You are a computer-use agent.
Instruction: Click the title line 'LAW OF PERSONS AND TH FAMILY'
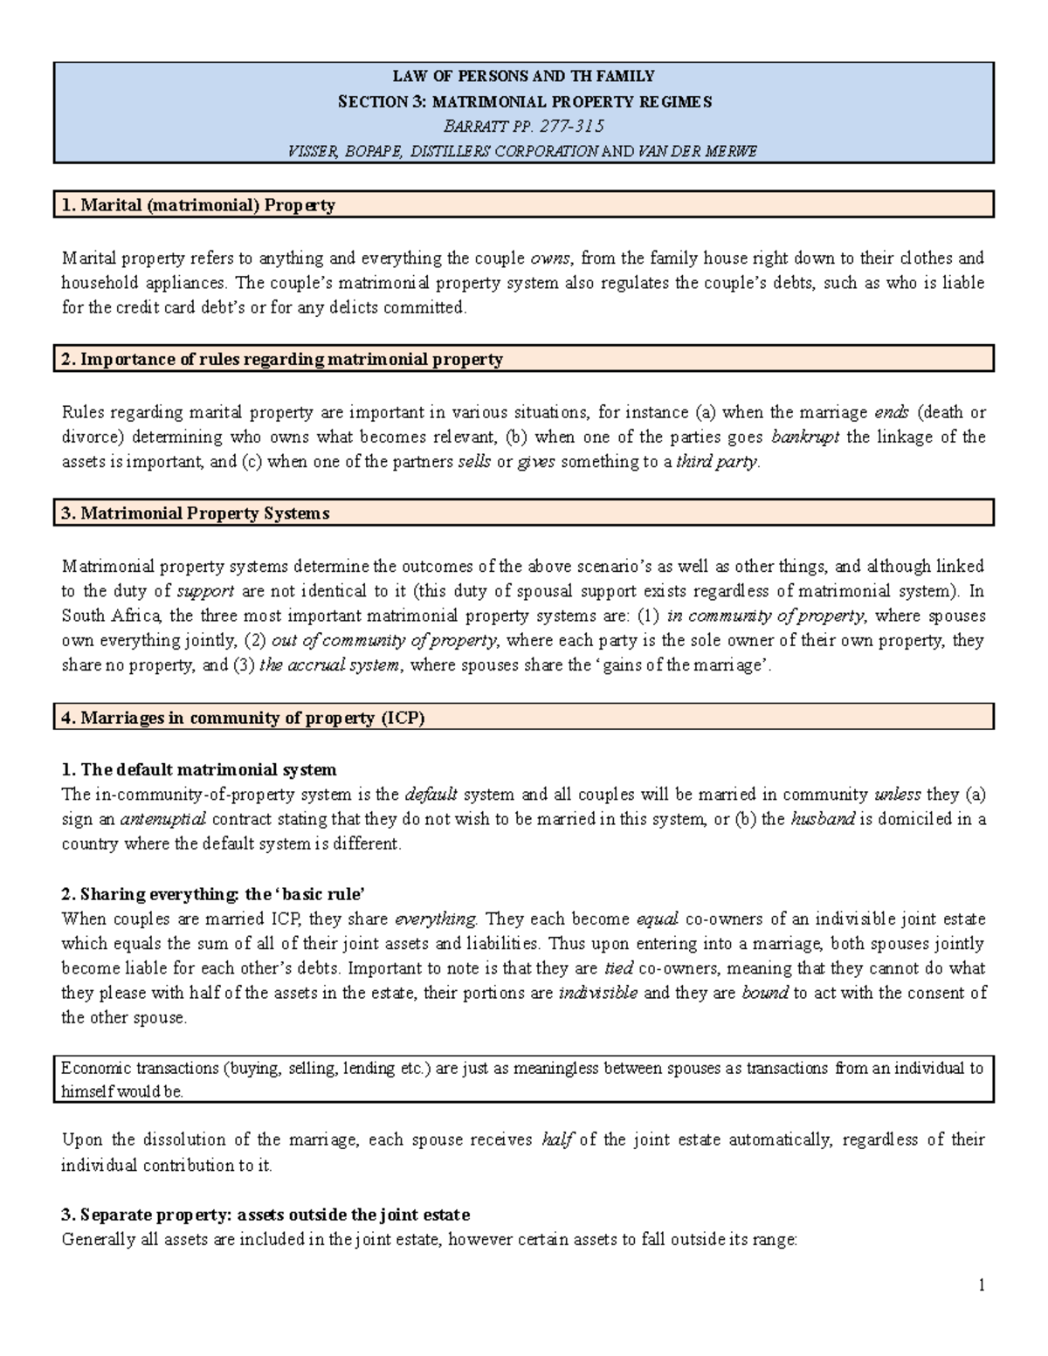[523, 76]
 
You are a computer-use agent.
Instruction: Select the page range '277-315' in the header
[572, 126]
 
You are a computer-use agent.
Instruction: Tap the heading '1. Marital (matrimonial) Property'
[198, 205]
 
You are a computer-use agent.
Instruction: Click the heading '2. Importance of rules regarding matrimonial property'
[282, 359]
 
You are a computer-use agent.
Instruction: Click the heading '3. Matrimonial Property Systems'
[195, 513]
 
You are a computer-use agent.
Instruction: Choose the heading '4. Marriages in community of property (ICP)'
[243, 718]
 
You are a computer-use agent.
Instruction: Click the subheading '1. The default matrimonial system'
[198, 770]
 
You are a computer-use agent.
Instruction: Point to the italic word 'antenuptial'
[162, 820]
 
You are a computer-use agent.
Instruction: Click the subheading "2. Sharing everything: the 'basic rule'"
[212, 894]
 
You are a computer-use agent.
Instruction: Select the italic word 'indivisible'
[598, 993]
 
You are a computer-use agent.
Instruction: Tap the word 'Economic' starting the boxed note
[95, 1068]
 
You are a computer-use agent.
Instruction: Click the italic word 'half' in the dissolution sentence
[556, 1140]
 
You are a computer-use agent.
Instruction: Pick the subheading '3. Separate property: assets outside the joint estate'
[265, 1215]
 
